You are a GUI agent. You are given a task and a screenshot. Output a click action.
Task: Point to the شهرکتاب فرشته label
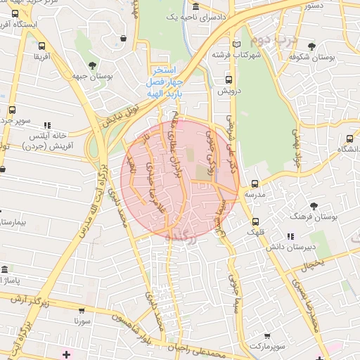pos(236,54)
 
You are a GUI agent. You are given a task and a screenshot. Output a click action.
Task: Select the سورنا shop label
pos(83,320)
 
